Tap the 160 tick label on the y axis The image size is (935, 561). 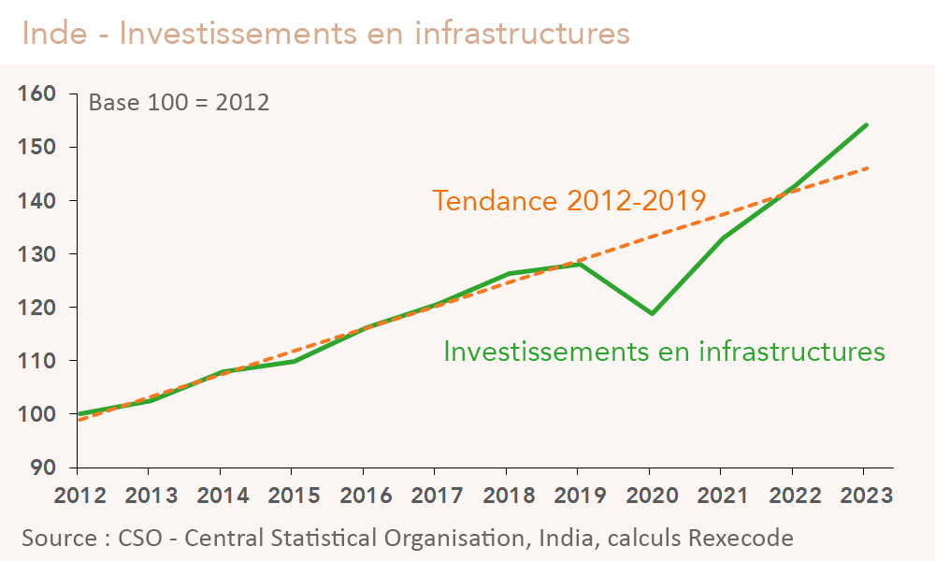[36, 93]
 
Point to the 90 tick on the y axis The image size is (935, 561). [43, 467]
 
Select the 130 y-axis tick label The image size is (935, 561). [36, 253]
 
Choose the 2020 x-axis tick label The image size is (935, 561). [650, 495]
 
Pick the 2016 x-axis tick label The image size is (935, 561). [363, 495]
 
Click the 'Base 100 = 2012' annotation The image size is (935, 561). [179, 102]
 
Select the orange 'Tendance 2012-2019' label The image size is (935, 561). [568, 201]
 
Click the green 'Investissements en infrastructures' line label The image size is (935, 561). [664, 352]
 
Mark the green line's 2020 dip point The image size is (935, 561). [652, 313]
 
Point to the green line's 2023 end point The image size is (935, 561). [866, 125]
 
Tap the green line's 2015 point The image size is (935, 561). [292, 361]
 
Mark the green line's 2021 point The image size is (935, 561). [723, 238]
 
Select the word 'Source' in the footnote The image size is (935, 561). [58, 538]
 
